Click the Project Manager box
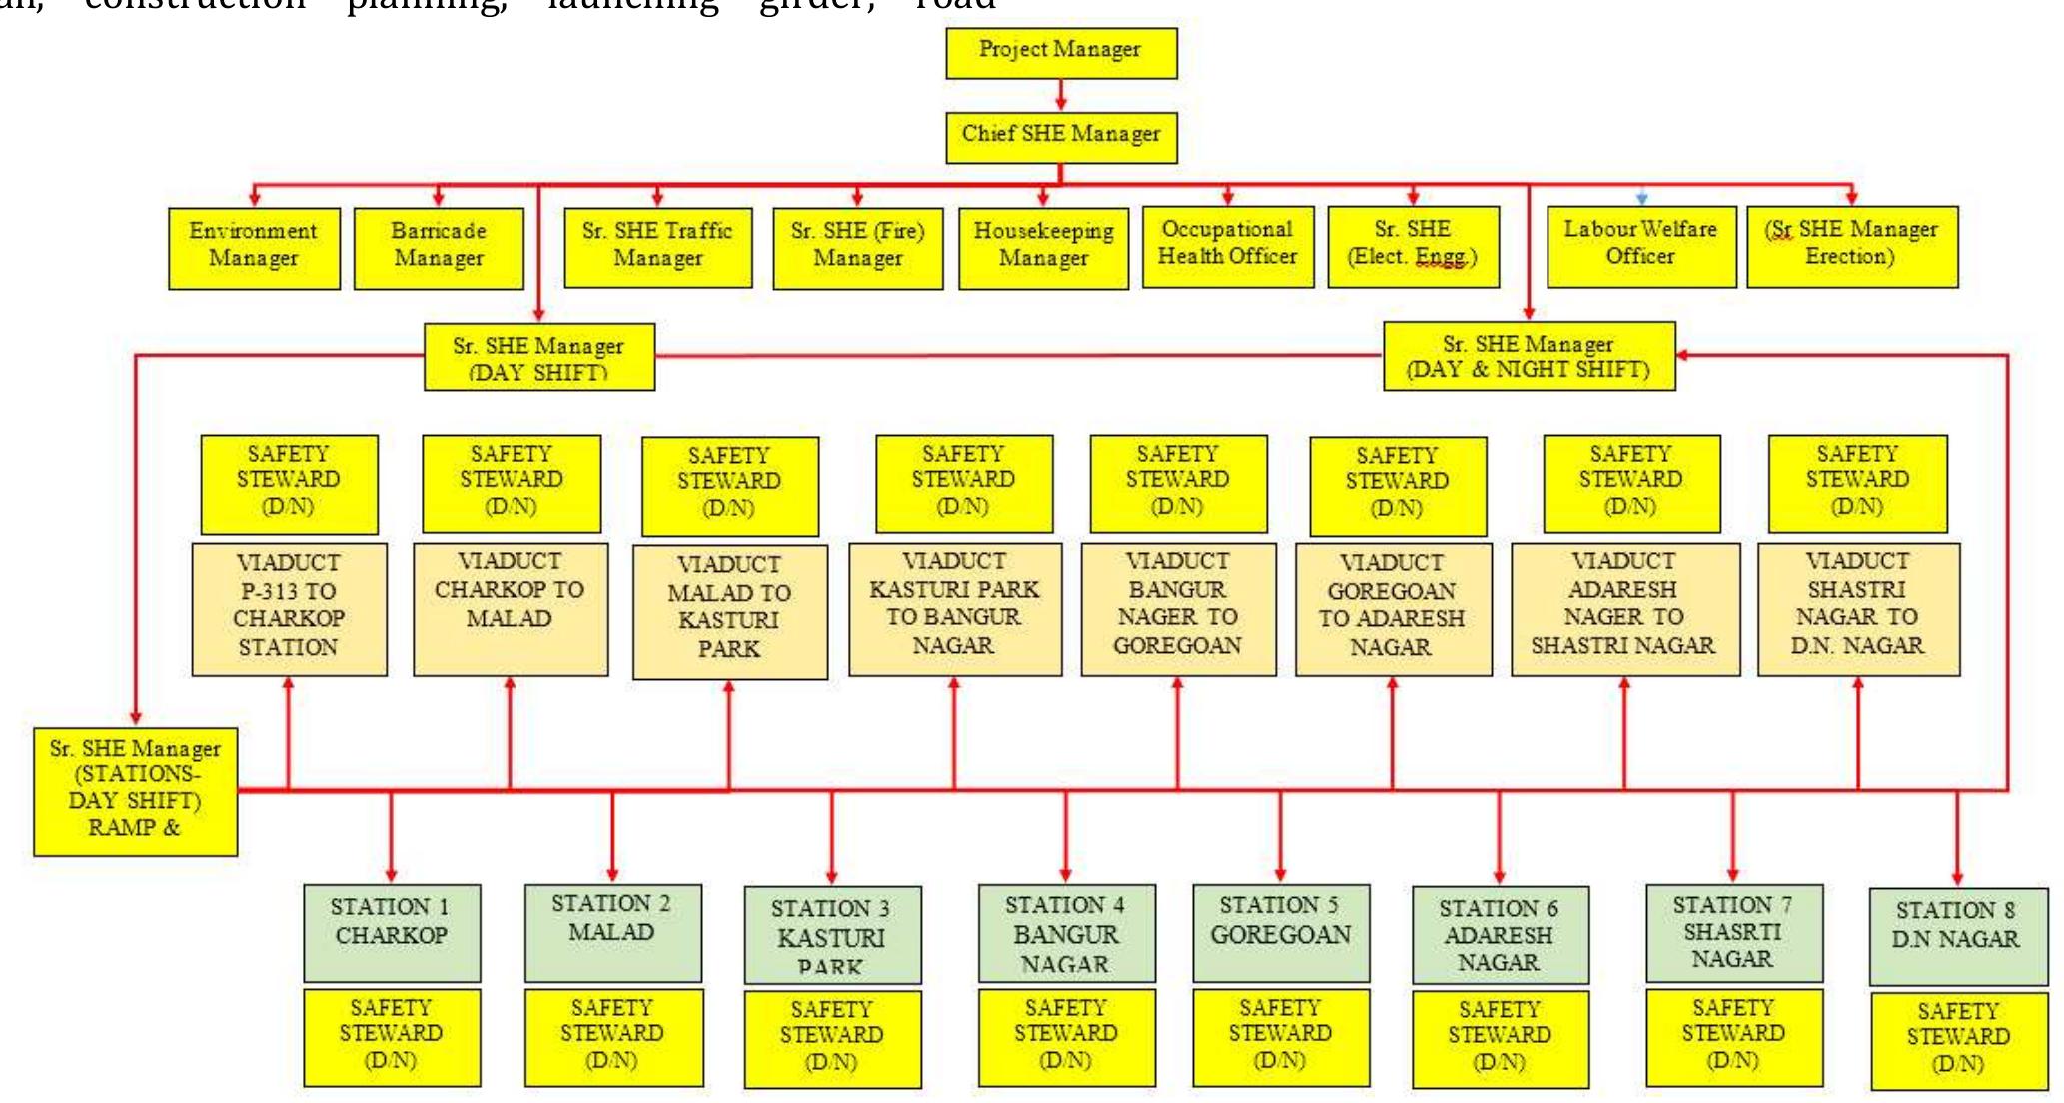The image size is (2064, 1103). point(1061,52)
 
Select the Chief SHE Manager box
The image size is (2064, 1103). point(1061,137)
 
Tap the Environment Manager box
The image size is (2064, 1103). point(254,248)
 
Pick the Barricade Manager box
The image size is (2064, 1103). point(439,248)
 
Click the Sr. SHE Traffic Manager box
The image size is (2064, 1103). point(657,247)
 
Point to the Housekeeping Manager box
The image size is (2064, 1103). point(1043,248)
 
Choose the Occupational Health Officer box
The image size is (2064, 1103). point(1227,246)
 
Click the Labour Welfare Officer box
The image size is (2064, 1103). point(1640,246)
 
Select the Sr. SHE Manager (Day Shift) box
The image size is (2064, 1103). point(539,356)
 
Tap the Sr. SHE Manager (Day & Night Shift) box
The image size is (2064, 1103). point(1529,356)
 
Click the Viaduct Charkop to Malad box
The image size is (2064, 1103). point(511,608)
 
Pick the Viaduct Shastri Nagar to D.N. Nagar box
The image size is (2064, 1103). point(1858,608)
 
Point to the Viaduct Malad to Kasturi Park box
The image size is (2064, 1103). point(730,610)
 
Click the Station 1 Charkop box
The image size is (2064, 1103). point(392,931)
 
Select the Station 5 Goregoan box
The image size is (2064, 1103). point(1281,931)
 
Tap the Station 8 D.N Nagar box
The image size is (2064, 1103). point(1957,935)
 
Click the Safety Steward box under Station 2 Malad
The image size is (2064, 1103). point(613,1037)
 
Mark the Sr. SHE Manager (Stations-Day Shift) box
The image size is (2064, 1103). point(136,791)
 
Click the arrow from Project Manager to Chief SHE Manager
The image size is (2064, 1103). point(1061,96)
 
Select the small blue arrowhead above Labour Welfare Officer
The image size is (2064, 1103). point(1641,198)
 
